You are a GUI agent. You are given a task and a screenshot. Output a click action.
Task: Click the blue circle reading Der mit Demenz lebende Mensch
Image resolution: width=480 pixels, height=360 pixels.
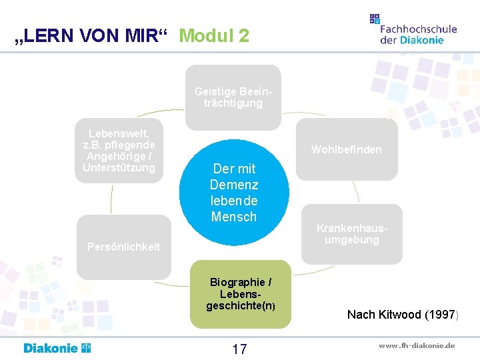(234, 193)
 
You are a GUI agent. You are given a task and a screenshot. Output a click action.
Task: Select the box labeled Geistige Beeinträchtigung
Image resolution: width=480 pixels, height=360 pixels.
(233, 97)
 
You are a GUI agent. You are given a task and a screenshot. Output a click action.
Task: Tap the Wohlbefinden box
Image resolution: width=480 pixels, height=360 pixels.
(347, 149)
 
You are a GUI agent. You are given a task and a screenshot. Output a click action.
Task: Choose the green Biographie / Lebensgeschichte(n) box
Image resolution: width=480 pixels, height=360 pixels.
(240, 294)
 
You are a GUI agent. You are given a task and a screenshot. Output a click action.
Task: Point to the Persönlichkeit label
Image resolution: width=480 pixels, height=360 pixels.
(124, 247)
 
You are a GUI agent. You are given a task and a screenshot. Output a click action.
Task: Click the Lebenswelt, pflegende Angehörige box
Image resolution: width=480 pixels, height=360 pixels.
(119, 151)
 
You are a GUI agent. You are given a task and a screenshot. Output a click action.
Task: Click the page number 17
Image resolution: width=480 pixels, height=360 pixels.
(239, 349)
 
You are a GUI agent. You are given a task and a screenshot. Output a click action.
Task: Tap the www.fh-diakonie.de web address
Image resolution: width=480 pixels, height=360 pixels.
(417, 345)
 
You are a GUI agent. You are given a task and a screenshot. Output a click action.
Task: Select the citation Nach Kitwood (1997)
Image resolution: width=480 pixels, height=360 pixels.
(401, 314)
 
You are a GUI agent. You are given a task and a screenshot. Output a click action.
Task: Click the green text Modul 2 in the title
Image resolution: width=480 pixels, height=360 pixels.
(214, 36)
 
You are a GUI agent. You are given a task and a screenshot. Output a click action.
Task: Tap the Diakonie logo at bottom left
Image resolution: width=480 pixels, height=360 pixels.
(57, 348)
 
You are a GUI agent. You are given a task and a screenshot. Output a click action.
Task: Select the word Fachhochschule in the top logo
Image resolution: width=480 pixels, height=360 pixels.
(419, 29)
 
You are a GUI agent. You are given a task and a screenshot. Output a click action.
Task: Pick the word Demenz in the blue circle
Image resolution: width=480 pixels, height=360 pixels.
(234, 185)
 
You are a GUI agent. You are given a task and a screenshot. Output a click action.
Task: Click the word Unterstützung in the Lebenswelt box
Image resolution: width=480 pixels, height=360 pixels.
(119, 167)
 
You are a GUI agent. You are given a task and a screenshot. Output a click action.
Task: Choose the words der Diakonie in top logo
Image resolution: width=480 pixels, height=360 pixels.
(411, 40)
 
